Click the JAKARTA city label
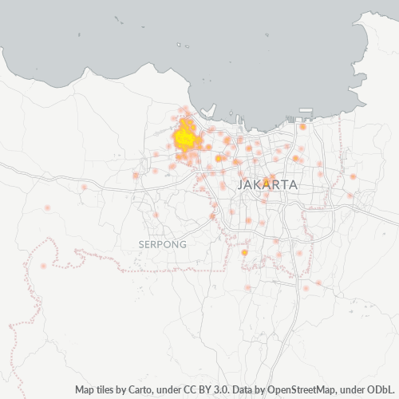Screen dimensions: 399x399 click(x=267, y=184)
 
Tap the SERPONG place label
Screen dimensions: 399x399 click(x=162, y=243)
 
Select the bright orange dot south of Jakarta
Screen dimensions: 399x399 click(x=245, y=252)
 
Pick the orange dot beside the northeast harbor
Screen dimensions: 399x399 click(x=302, y=126)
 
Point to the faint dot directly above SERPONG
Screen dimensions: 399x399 click(x=156, y=215)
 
